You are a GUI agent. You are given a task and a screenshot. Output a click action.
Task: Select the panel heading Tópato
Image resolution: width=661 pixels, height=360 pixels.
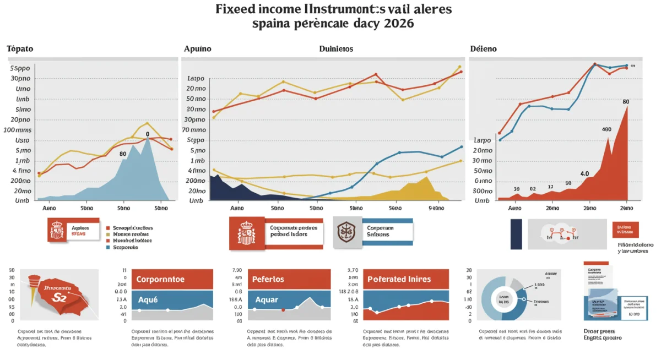coord(20,49)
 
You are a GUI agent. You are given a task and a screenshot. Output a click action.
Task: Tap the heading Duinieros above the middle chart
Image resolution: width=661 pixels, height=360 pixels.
coord(336,49)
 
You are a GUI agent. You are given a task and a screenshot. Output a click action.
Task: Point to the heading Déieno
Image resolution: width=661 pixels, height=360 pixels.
coord(483,49)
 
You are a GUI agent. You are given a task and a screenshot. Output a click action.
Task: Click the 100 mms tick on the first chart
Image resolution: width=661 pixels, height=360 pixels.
coord(17,130)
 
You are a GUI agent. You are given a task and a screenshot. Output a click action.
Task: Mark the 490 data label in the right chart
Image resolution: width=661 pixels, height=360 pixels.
coord(606,129)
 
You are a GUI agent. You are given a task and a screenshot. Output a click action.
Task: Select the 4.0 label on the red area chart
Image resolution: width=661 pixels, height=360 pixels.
coord(584,173)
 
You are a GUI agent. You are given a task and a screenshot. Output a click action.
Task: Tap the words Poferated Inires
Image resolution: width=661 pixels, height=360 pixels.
coord(399,279)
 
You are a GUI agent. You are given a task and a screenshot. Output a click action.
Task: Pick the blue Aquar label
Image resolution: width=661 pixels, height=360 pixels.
coord(267,300)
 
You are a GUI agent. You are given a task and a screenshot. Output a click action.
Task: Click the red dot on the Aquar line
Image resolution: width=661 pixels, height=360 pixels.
coord(283,310)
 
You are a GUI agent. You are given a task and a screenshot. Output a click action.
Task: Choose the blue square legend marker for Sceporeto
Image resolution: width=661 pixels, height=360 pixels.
coord(107,248)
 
